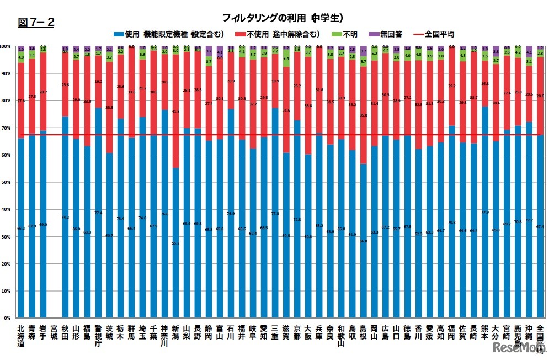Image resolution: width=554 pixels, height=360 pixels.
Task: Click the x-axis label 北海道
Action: [21, 335]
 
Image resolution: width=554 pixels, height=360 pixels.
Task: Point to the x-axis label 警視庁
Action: [98, 335]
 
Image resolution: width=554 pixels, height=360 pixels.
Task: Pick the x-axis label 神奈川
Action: [164, 335]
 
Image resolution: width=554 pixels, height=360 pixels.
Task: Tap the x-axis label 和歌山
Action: [341, 335]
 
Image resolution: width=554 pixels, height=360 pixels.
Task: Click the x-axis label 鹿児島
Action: [518, 335]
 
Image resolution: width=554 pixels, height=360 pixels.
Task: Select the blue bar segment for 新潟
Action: [175, 243]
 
